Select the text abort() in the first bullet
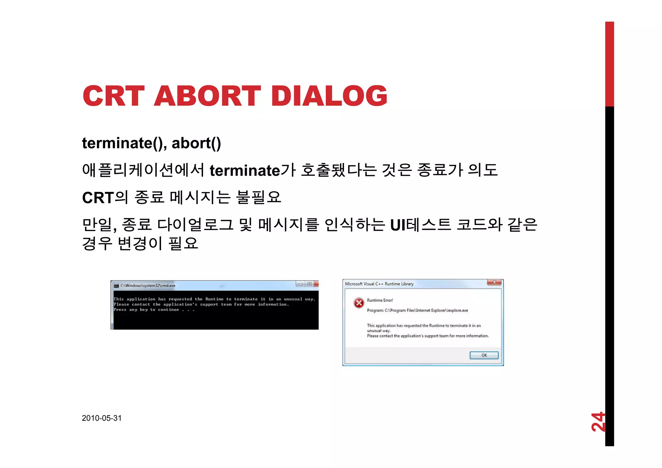(x=196, y=143)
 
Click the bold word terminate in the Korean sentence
(x=245, y=171)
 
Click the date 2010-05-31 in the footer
(x=102, y=418)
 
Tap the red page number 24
(x=598, y=422)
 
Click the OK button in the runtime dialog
(x=484, y=355)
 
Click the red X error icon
(x=359, y=303)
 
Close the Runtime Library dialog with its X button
(x=494, y=282)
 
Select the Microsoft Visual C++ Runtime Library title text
(x=379, y=284)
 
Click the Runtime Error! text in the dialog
(x=380, y=300)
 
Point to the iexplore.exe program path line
(x=417, y=310)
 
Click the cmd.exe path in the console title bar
(x=148, y=285)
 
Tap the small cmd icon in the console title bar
(x=116, y=286)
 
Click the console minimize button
(x=301, y=284)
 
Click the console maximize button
(x=309, y=284)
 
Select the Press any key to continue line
(x=154, y=310)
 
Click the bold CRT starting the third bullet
(x=98, y=198)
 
